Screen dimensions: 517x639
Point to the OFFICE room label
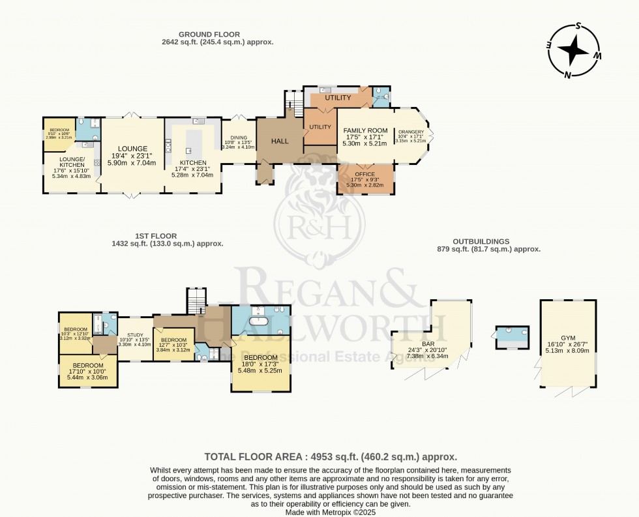coord(364,174)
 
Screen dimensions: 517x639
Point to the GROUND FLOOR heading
coord(210,34)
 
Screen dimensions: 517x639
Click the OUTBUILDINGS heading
coord(483,241)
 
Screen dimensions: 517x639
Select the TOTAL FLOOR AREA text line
coord(331,457)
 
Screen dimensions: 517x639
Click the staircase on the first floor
coord(196,301)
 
